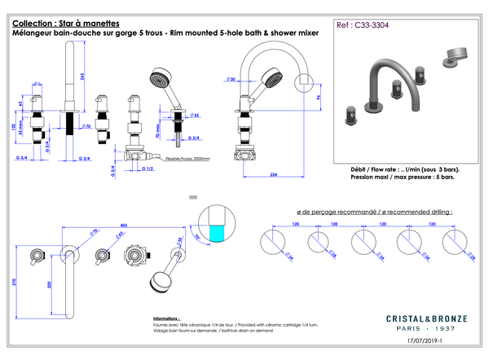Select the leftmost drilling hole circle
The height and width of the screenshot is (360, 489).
tap(272, 244)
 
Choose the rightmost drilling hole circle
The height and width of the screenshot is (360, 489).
tap(455, 244)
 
